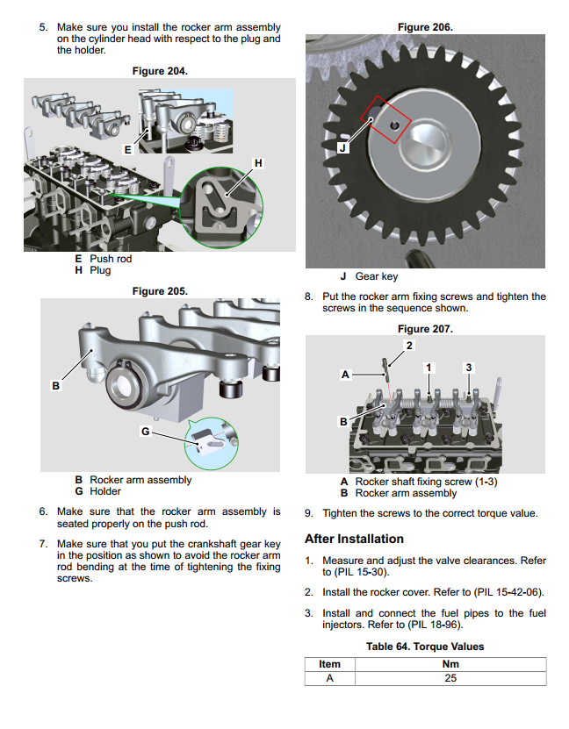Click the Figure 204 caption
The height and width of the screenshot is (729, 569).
click(x=159, y=70)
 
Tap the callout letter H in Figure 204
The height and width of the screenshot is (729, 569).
click(x=257, y=163)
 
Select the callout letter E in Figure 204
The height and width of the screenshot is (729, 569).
click(x=127, y=150)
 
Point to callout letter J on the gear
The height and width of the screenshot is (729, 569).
click(x=342, y=147)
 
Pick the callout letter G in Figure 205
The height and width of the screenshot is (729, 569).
click(x=147, y=432)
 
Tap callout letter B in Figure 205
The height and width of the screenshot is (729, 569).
click(x=56, y=385)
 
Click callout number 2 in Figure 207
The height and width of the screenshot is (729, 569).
click(x=407, y=345)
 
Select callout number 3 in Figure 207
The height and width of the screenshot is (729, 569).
click(x=469, y=367)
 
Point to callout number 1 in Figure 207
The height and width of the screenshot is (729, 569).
click(x=429, y=367)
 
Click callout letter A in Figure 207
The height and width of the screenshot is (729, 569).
click(x=345, y=375)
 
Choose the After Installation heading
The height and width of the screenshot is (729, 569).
click(x=354, y=539)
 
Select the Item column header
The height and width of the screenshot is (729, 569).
click(x=329, y=664)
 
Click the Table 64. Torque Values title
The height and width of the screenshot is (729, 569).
click(x=425, y=647)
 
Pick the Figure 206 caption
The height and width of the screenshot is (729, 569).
click(x=425, y=27)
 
